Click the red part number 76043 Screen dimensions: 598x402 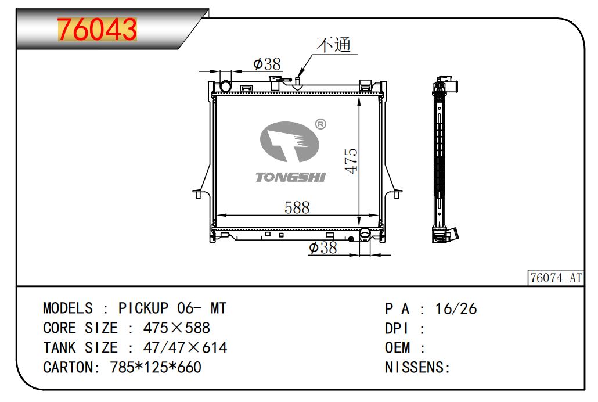point(97,30)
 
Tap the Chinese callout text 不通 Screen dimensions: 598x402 point(334,45)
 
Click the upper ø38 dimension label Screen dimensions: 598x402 point(267,64)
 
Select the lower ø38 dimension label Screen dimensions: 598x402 point(323,248)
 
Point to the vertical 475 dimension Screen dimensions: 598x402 point(351,161)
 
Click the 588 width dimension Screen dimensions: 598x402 point(297,207)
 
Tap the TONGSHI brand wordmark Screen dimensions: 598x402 point(291,177)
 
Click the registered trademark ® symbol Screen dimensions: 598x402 point(320,124)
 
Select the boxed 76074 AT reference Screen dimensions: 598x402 point(556,278)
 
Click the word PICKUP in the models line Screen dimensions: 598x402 point(143,308)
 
